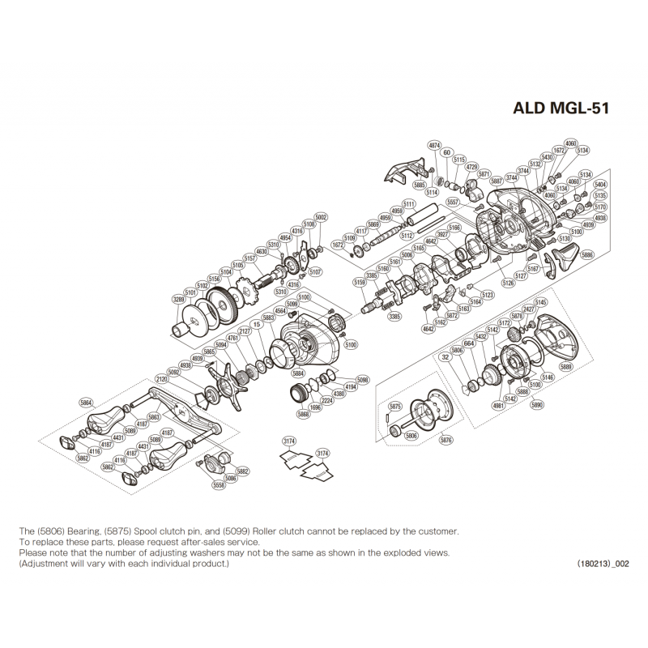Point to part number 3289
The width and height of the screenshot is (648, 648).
179,300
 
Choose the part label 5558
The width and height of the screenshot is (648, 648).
219,485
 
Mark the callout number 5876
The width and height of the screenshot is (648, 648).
446,440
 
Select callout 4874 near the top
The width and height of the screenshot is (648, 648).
434,146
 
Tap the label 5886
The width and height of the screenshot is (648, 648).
587,255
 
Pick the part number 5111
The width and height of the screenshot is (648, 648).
408,203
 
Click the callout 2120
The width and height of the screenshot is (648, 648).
161,378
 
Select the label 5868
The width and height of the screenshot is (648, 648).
303,414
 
